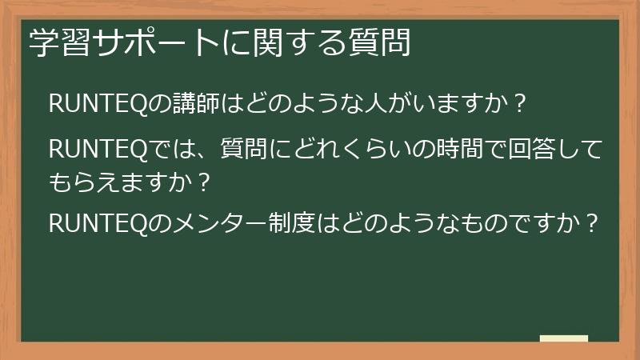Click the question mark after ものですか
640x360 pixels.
point(591,222)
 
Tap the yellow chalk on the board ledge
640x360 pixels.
point(563,338)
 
